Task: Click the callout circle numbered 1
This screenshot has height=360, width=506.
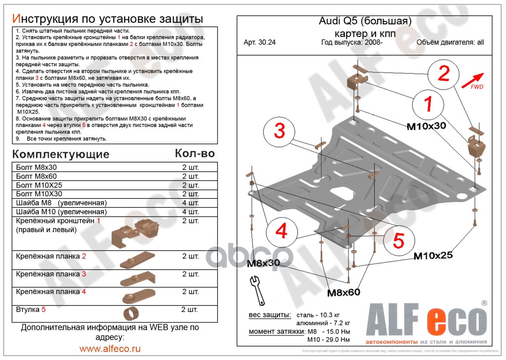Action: click(x=427, y=104)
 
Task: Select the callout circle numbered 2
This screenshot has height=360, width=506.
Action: click(x=444, y=74)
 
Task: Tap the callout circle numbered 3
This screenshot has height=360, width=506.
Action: click(x=279, y=132)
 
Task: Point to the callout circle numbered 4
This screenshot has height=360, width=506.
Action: click(x=281, y=231)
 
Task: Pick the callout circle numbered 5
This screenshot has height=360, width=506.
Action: click(x=398, y=241)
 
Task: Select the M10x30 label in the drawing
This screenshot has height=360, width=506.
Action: click(x=426, y=126)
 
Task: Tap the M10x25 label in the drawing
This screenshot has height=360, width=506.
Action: click(x=433, y=256)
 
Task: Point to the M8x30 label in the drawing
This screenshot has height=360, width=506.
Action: click(x=263, y=263)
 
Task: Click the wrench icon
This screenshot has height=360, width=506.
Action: click(x=257, y=291)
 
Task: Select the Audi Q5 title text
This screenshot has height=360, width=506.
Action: click(x=365, y=21)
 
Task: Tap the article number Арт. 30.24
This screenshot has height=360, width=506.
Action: click(x=259, y=42)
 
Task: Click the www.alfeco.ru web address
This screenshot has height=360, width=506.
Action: click(x=110, y=349)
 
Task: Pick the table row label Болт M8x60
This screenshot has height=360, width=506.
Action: click(x=36, y=176)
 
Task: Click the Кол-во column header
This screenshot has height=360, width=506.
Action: click(x=195, y=153)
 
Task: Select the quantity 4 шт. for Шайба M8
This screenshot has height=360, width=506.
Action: click(x=190, y=203)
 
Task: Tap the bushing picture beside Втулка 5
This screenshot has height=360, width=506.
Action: click(x=131, y=314)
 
